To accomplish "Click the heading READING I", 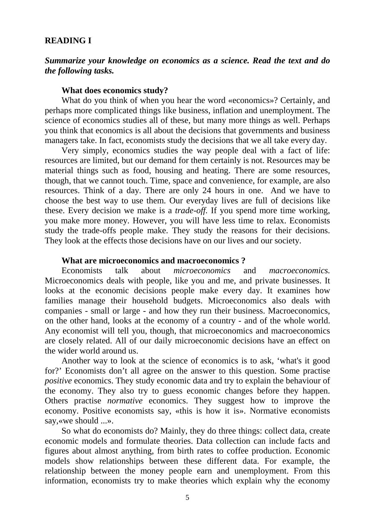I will (68, 41).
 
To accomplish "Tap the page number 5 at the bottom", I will (187, 497).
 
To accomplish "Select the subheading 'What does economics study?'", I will (115, 90).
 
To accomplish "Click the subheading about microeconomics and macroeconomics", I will (153, 261).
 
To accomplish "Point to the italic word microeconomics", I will (202, 271).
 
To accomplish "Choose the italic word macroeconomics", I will (299, 271).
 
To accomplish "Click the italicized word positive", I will (58, 381).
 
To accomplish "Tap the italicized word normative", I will (125, 401).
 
